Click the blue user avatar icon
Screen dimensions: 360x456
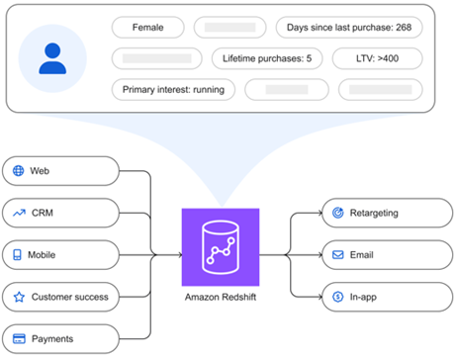tap(52, 58)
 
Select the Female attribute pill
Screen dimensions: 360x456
tap(147, 27)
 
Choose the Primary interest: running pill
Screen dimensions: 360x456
tap(173, 90)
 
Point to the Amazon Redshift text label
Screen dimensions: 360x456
tap(220, 297)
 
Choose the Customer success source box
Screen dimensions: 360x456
tap(61, 296)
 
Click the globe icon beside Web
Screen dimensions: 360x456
tap(18, 171)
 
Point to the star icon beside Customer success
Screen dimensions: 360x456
tap(18, 296)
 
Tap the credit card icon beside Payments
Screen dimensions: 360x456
tap(18, 338)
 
